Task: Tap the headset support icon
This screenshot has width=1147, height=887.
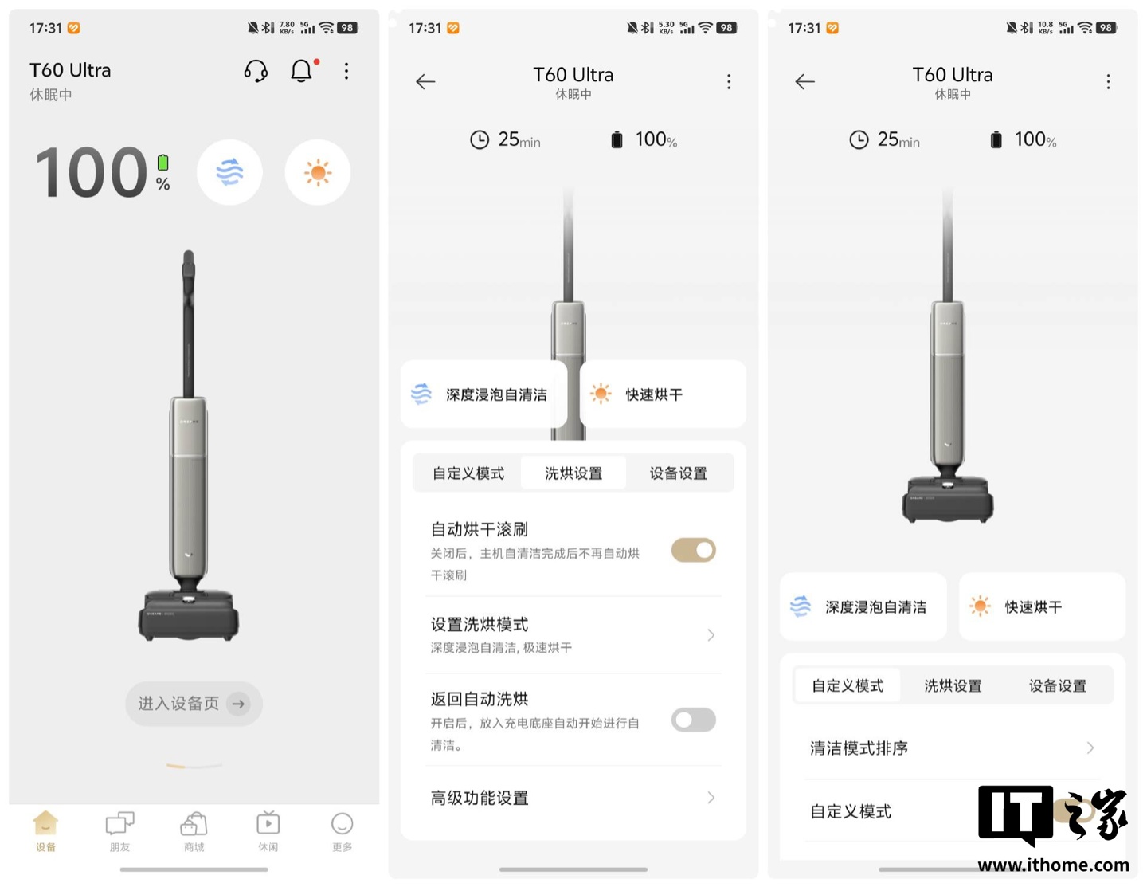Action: pyautogui.click(x=256, y=71)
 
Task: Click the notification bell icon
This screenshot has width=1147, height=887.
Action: pyautogui.click(x=301, y=71)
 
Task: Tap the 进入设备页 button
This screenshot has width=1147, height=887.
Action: pyautogui.click(x=194, y=703)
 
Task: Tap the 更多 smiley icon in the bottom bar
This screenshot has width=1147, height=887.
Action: pyautogui.click(x=342, y=824)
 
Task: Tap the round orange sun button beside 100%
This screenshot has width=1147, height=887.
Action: pyautogui.click(x=318, y=173)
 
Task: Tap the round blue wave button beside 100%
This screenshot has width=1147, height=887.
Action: pyautogui.click(x=229, y=173)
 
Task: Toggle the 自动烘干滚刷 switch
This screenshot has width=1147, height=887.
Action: pyautogui.click(x=693, y=550)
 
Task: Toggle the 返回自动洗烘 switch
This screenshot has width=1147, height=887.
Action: pyautogui.click(x=693, y=720)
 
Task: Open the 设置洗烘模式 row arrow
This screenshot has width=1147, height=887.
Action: pyautogui.click(x=711, y=634)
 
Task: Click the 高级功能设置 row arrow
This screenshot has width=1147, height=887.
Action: pyautogui.click(x=711, y=797)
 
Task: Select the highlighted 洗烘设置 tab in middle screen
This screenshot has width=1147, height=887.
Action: pyautogui.click(x=573, y=473)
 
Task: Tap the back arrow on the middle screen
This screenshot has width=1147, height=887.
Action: pyautogui.click(x=425, y=81)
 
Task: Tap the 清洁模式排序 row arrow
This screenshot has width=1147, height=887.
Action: pyautogui.click(x=1090, y=748)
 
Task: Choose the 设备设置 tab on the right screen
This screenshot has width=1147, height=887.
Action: pyautogui.click(x=1057, y=686)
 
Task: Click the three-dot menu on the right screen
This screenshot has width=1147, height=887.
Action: pyautogui.click(x=1108, y=81)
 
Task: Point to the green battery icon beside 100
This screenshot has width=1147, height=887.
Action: pyautogui.click(x=163, y=163)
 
